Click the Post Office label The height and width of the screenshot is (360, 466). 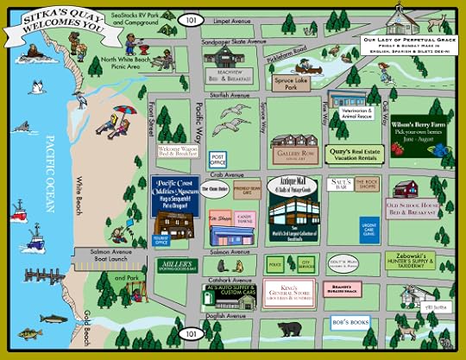point(218,159)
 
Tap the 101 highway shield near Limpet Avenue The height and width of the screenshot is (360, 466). point(190,18)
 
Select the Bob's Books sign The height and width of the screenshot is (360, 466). point(350,322)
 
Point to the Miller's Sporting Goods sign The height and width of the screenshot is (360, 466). point(177,264)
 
